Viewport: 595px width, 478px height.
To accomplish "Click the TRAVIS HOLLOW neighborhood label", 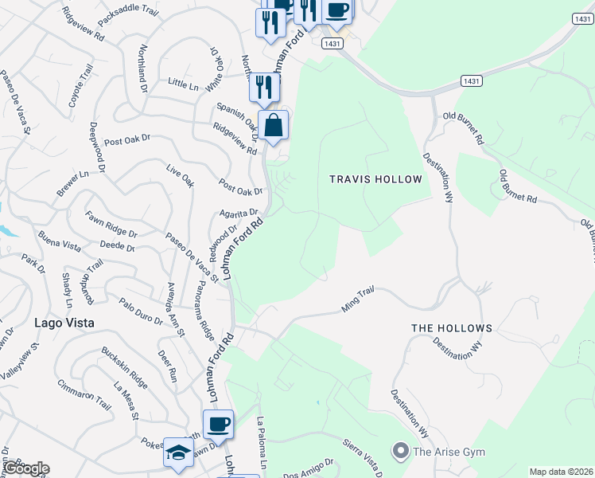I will point(375,179).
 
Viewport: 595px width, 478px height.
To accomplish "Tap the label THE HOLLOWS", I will point(451,328).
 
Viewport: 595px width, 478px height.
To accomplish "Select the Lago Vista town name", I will point(64,323).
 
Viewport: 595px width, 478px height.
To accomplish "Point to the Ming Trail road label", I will point(357,300).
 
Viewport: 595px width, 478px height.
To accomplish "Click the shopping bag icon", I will point(273,125).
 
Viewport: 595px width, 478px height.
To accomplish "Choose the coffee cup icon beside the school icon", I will point(218,424).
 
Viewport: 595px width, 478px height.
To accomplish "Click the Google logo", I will point(25,468).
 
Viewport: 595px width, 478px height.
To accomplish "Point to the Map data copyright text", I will point(561,472).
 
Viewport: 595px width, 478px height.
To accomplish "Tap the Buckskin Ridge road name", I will point(124,366).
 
